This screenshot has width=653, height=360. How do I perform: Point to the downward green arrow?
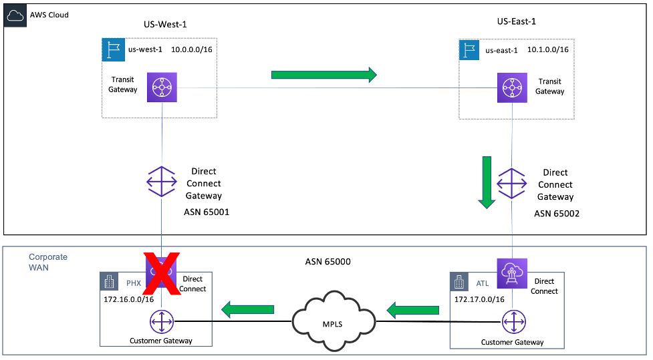coord(487,181)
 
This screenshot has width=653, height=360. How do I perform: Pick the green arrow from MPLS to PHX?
coord(249,309)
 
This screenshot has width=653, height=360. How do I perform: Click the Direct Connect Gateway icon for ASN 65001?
coord(162,182)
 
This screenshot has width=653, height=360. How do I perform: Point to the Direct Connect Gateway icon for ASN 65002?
coord(513,182)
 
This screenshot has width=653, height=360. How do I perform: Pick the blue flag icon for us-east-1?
coord(469,50)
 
